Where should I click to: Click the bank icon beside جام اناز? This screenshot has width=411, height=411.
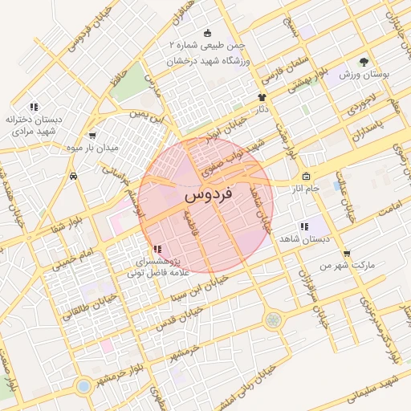[306, 177]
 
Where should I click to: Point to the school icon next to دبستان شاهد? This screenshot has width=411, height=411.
[304, 227]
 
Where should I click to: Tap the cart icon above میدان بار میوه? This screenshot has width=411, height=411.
[94, 136]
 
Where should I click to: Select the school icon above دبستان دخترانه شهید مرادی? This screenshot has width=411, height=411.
[33, 106]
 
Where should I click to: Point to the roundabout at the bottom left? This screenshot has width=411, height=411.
[83, 387]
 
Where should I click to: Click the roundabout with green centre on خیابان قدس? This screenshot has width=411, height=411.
[274, 319]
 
